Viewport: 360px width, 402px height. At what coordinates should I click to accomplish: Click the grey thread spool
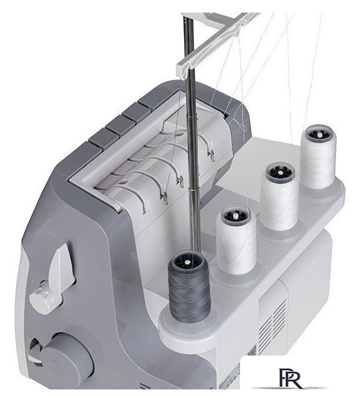[189, 286]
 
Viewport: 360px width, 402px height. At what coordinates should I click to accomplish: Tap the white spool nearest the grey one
[236, 239]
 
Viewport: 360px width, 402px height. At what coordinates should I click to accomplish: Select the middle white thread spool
[280, 197]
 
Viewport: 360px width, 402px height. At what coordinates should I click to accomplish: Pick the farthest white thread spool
[318, 156]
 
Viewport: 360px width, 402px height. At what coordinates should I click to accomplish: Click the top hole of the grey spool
[188, 263]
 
